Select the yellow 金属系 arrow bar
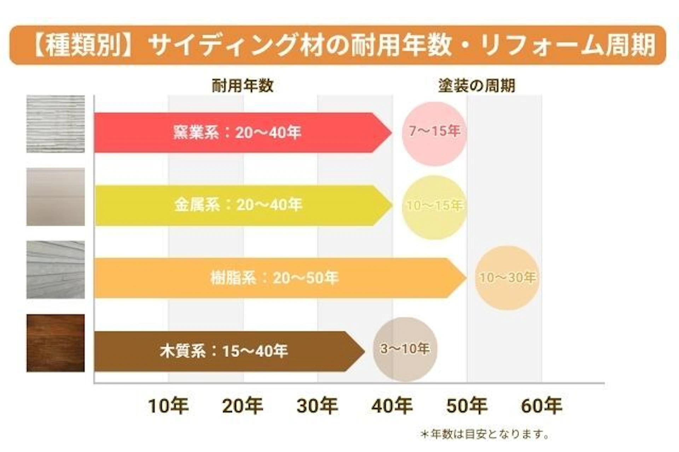tap(240, 205)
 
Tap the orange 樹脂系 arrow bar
tap(276, 278)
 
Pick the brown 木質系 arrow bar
tap(226, 351)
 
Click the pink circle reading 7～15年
tap(434, 134)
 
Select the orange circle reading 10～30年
tap(507, 278)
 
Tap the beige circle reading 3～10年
tap(405, 349)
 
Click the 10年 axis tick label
tap(168, 406)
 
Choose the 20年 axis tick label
tap(243, 406)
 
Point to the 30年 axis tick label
tap(317, 406)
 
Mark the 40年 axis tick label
tap(392, 406)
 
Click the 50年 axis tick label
tap(467, 406)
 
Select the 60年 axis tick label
tap(541, 406)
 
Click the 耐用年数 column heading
tap(243, 86)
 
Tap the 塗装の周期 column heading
tap(476, 86)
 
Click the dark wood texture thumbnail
tap(56, 343)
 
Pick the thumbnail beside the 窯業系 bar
tap(56, 124)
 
